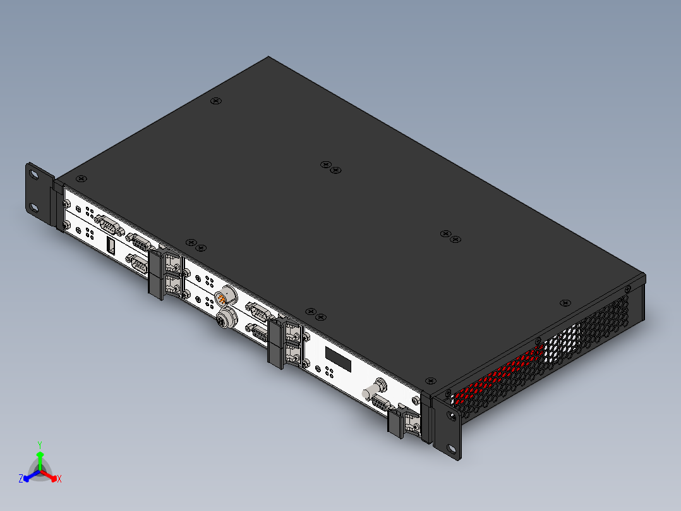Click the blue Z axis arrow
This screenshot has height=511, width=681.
point(28,477)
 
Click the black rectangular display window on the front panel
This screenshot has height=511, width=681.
point(338,359)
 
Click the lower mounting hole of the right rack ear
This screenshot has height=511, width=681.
point(451,450)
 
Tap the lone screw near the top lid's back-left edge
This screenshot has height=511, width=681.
point(216,101)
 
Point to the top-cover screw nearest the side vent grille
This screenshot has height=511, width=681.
point(564,304)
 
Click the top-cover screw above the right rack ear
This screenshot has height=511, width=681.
point(431,380)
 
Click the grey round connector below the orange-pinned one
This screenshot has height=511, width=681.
point(224,319)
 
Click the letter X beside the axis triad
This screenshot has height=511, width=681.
point(59,479)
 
